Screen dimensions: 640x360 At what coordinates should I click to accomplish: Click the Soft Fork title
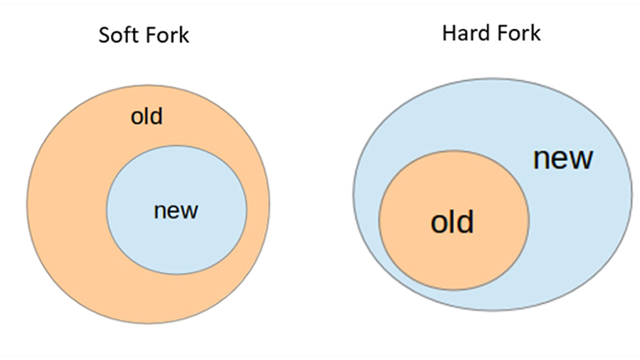(143, 35)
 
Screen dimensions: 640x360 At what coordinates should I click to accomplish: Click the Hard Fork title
(492, 32)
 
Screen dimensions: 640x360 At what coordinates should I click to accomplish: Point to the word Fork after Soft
(166, 35)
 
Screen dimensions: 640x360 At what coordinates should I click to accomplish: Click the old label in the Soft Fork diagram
(147, 116)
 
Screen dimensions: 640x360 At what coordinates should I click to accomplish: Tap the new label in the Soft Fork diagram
(176, 211)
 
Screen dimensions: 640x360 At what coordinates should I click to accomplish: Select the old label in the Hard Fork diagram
(452, 222)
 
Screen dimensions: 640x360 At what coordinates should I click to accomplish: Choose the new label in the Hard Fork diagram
(563, 159)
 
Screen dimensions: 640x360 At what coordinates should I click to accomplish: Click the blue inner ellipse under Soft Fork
(177, 210)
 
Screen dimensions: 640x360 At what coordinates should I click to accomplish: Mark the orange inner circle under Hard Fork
(454, 220)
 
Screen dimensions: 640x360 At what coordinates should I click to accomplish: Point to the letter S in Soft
(104, 35)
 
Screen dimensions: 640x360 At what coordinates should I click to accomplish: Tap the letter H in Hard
(450, 33)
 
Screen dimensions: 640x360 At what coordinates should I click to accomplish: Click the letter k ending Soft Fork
(184, 35)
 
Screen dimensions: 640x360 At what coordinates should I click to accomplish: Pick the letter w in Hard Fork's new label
(579, 159)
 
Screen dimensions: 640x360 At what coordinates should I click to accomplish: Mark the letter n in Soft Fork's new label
(160, 212)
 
